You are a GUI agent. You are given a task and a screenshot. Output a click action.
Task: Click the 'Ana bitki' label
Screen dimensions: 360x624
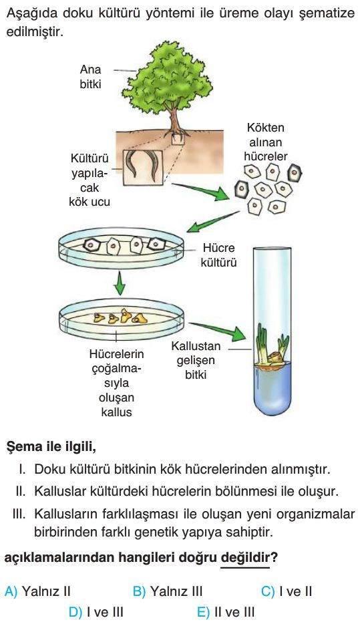coord(90,76)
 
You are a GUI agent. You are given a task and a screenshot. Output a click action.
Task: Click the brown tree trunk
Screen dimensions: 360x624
coord(174,119)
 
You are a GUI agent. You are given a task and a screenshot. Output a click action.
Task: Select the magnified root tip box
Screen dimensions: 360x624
coord(143,167)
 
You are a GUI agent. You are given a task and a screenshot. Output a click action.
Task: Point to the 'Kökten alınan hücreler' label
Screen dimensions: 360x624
coord(265,142)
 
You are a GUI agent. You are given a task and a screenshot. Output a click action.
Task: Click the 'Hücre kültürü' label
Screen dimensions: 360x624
coord(218,255)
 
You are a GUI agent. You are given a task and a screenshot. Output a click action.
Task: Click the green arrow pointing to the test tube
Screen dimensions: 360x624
coord(218,331)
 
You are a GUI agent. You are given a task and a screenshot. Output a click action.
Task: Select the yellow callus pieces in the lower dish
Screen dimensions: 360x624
coord(120,317)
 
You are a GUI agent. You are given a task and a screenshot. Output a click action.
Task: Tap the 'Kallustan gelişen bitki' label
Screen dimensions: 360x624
coord(196,361)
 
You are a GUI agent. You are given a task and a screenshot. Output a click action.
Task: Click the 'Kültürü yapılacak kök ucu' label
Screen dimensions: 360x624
coord(89,180)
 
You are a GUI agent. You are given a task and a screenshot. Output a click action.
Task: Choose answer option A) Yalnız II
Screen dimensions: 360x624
coord(37,591)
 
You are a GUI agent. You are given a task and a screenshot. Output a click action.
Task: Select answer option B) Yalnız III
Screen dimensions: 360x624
coord(168,591)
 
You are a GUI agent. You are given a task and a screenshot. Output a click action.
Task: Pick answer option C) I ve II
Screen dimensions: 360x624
coord(287,591)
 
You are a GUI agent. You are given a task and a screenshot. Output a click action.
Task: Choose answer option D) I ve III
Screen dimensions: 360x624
coord(96,612)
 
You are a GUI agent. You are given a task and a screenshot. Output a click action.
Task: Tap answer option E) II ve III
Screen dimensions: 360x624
coord(226,612)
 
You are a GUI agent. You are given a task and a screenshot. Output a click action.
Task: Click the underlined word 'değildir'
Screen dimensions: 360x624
coord(245,558)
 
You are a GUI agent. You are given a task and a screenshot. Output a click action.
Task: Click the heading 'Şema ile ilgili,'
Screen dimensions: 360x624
coord(51,447)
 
